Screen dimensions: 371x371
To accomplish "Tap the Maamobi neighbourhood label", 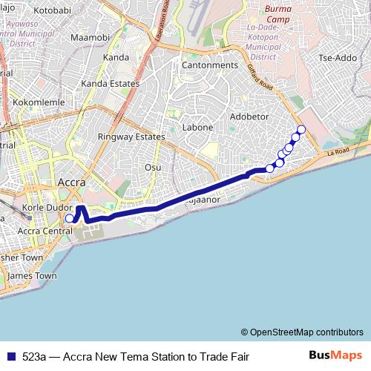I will (x=90, y=37).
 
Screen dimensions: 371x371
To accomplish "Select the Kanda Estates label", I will (x=111, y=84).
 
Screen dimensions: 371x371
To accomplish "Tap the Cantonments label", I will (x=210, y=65).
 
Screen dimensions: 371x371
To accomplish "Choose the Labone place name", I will (x=198, y=128).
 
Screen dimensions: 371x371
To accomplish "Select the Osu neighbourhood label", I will (x=153, y=167).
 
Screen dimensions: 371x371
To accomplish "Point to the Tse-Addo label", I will (x=337, y=58).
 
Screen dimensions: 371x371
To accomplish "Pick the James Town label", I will (x=32, y=276).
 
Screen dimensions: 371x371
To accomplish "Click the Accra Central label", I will (x=45, y=231).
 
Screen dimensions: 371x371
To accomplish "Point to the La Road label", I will (x=338, y=152).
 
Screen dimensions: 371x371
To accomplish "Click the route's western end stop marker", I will (x=69, y=218).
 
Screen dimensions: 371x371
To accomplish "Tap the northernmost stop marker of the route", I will (x=301, y=130).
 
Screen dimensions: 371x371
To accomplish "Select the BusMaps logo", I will (x=335, y=355).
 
